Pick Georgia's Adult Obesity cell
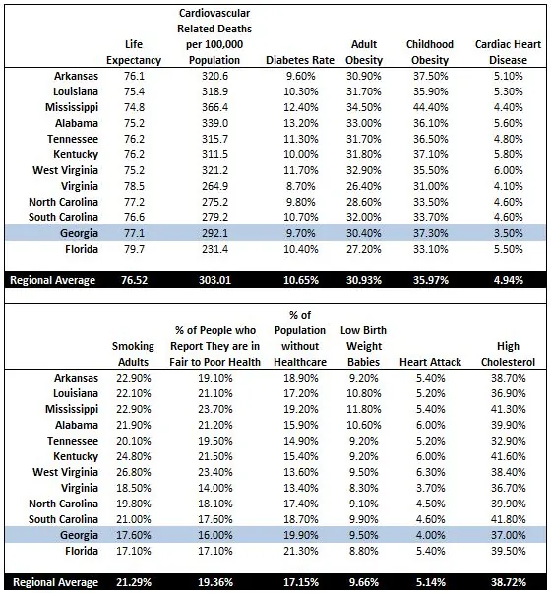click(364, 237)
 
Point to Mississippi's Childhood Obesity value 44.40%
click(430, 106)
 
